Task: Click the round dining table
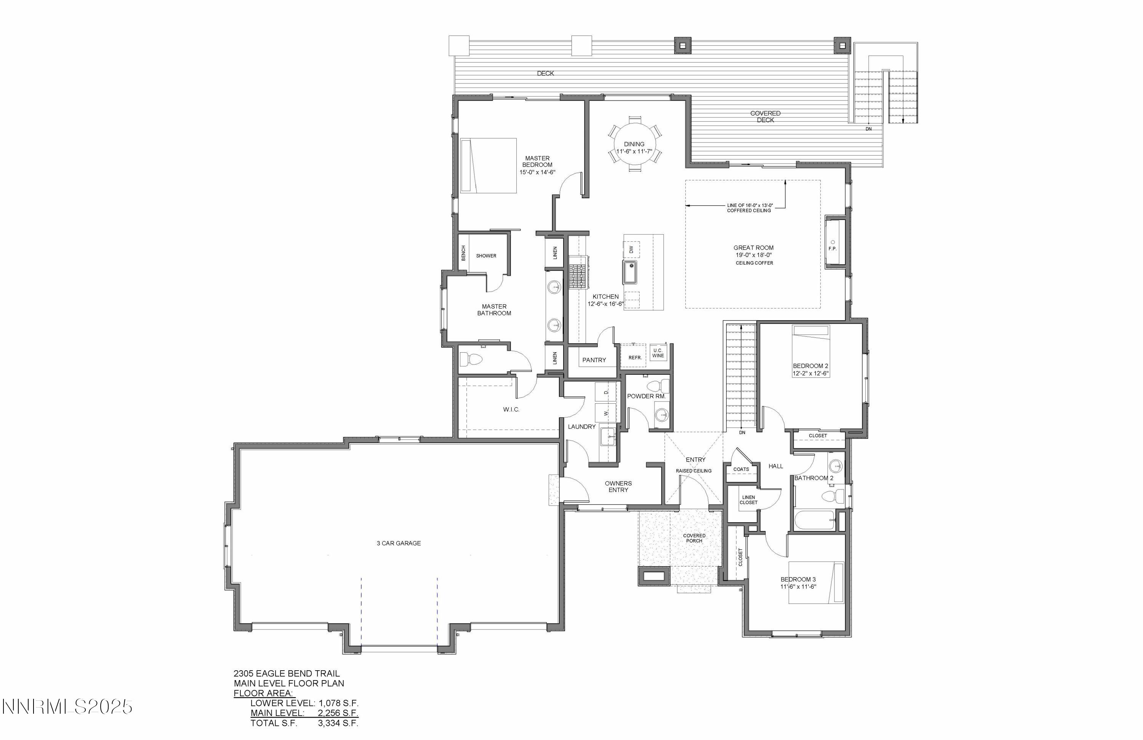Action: [634, 144]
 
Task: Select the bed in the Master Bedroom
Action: [488, 166]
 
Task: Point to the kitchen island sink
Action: [631, 272]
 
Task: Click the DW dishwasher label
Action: [631, 249]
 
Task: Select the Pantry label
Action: [594, 360]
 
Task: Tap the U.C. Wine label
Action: [658, 353]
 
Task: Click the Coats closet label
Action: [741, 469]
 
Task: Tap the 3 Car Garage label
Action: [399, 543]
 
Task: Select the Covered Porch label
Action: [695, 538]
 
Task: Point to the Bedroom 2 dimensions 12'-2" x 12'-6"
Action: [811, 373]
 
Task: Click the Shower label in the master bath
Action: [486, 256]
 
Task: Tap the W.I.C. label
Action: [511, 409]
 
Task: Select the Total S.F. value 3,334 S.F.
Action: [338, 723]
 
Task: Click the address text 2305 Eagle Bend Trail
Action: [287, 674]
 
